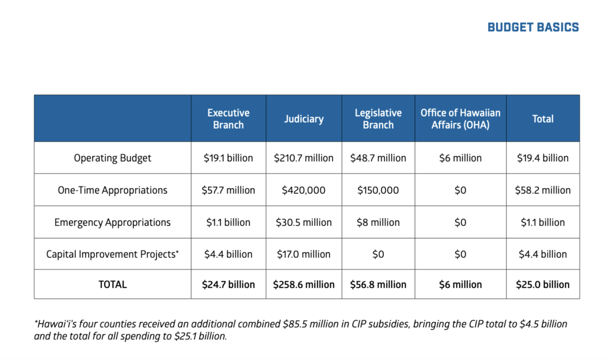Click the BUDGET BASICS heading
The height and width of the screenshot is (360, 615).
[533, 27]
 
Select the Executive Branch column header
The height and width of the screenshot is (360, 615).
[228, 118]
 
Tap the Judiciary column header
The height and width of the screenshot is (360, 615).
[303, 118]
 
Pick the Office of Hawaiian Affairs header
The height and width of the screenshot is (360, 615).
[460, 118]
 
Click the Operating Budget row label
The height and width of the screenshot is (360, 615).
[112, 158]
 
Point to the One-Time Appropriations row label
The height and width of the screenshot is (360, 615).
[112, 190]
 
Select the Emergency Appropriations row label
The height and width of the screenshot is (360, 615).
[112, 222]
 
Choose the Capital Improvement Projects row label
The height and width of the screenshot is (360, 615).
[112, 254]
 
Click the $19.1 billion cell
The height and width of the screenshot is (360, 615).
[228, 158]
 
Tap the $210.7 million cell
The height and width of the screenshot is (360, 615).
[303, 158]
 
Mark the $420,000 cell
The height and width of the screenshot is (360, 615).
[303, 190]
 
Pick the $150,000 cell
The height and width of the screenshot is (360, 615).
[378, 190]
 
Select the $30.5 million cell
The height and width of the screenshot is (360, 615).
[303, 222]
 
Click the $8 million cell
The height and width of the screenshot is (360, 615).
[378, 222]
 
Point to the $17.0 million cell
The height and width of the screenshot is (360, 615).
[303, 254]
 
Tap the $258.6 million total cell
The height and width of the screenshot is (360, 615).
[303, 284]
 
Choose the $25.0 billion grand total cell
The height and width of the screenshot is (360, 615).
[542, 284]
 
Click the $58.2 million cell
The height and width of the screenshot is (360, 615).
[542, 190]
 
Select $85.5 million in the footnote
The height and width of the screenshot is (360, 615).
[307, 324]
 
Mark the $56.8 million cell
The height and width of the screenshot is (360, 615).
[378, 284]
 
